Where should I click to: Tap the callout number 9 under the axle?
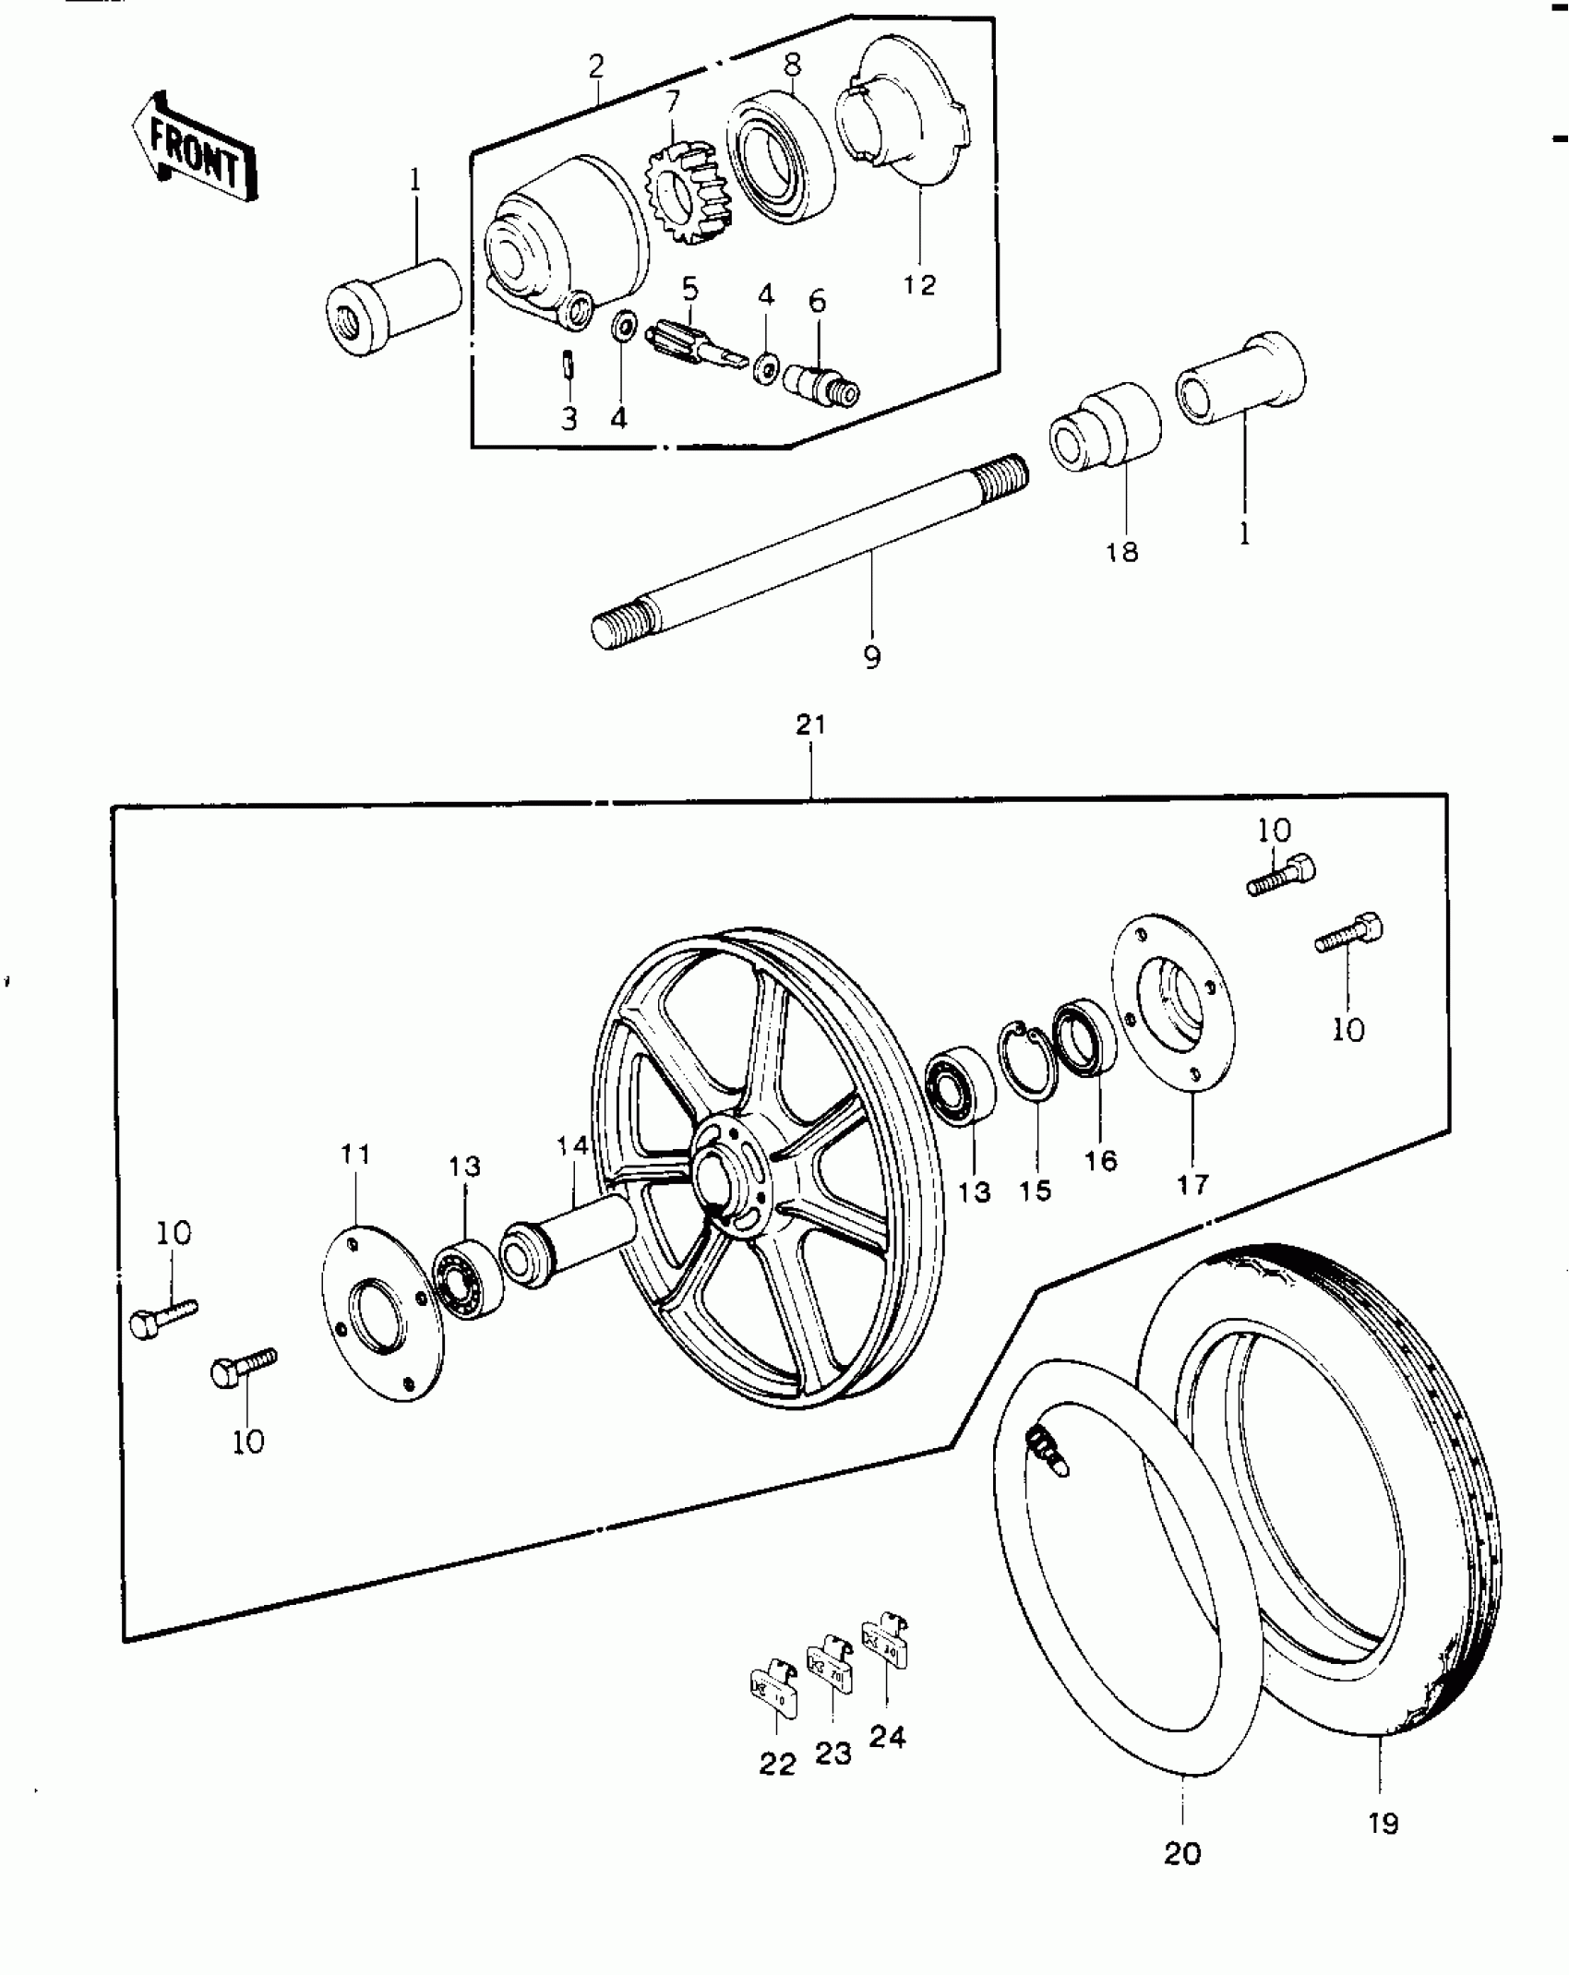pyautogui.click(x=872, y=657)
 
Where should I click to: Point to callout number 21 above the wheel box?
pyautogui.click(x=811, y=725)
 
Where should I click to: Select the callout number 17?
pyautogui.click(x=1192, y=1184)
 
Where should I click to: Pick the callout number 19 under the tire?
pyautogui.click(x=1383, y=1823)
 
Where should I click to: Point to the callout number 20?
pyautogui.click(x=1183, y=1853)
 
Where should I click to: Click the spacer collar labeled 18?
pyautogui.click(x=1105, y=429)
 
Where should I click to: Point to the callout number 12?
pyautogui.click(x=919, y=284)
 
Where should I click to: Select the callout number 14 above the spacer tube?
pyautogui.click(x=572, y=1146)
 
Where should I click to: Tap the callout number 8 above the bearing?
pyautogui.click(x=793, y=65)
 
